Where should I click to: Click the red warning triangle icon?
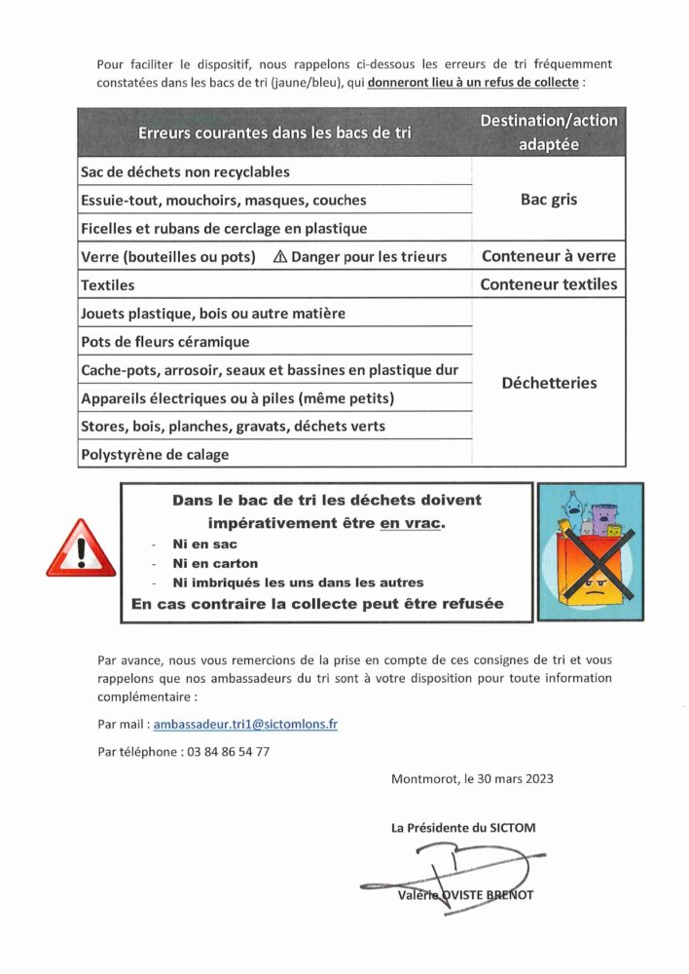click(x=81, y=550)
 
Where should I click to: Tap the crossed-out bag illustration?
click(x=591, y=552)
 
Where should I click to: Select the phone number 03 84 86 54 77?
click(x=225, y=752)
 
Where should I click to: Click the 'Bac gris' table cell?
click(x=549, y=200)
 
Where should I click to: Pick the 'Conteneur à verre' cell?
click(x=549, y=257)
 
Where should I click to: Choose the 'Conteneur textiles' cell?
click(x=549, y=285)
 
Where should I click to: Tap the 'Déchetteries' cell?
click(x=549, y=383)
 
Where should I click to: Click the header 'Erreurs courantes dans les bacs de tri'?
click(x=274, y=132)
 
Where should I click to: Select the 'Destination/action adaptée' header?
click(x=549, y=132)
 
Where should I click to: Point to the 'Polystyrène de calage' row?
click(x=156, y=455)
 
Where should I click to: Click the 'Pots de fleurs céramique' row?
click(x=165, y=342)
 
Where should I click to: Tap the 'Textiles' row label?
click(x=108, y=286)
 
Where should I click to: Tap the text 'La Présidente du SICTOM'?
click(x=463, y=828)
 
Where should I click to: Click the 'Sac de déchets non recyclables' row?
click(x=185, y=172)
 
